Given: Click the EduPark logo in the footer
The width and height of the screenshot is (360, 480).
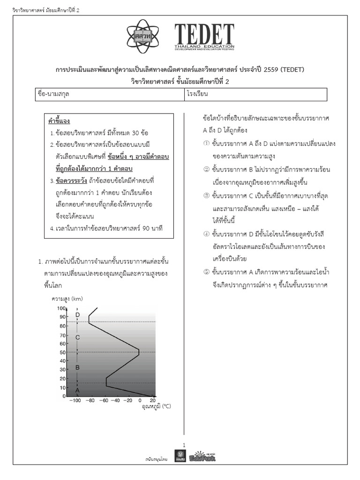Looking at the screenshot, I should click(202, 456).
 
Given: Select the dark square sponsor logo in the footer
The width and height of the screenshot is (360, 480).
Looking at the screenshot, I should click(180, 456).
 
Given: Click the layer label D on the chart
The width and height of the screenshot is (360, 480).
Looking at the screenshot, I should click(78, 315).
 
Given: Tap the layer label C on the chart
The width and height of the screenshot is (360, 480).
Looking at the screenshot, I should click(78, 337).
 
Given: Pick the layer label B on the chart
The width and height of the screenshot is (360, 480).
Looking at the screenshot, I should click(78, 367).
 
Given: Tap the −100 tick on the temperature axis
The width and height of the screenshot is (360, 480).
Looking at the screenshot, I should click(75, 401).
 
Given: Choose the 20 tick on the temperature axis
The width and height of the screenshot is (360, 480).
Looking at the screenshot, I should click(152, 401).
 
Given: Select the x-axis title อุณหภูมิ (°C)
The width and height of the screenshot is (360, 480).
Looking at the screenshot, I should click(156, 407).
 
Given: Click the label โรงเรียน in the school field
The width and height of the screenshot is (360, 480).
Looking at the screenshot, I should click(197, 94).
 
